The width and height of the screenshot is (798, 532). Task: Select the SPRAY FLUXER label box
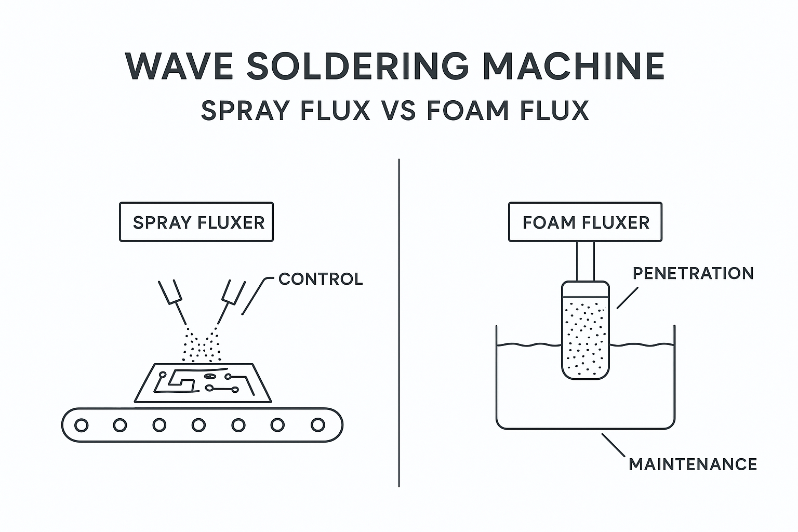click(x=196, y=222)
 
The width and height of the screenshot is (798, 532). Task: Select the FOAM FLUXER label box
click(x=586, y=222)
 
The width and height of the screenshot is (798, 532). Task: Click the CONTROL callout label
click(x=321, y=279)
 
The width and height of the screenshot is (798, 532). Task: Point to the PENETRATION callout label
click(x=693, y=273)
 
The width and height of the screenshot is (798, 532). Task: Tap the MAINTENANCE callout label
click(x=693, y=464)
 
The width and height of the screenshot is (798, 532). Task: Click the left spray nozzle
click(x=170, y=292)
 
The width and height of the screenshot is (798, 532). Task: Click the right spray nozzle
click(x=232, y=292)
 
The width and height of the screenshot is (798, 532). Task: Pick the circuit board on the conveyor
click(x=203, y=383)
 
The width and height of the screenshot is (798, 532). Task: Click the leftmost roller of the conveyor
click(x=81, y=425)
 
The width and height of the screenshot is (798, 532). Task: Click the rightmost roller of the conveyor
click(x=317, y=425)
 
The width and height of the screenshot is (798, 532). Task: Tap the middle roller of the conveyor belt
click(x=199, y=425)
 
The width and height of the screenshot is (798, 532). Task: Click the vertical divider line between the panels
click(x=399, y=322)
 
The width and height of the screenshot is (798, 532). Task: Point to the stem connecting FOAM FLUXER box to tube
click(x=585, y=261)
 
